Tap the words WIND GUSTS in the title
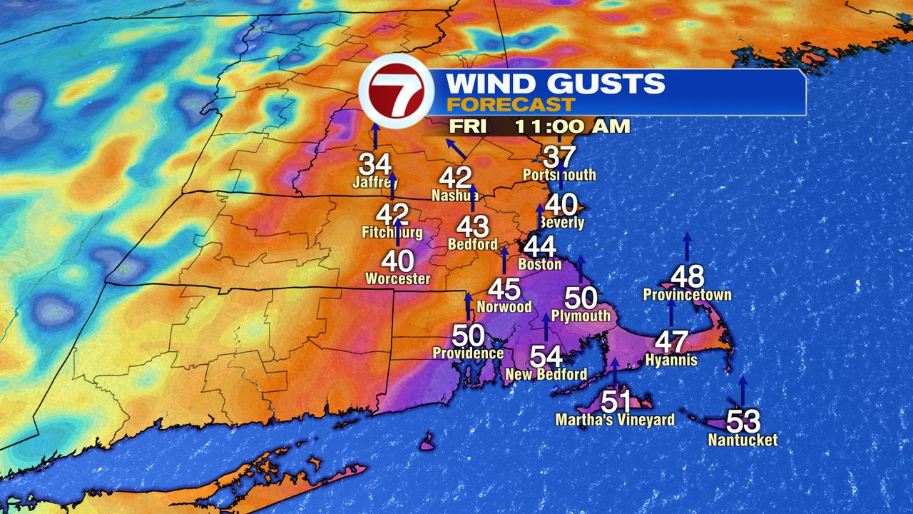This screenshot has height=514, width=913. [x=555, y=84]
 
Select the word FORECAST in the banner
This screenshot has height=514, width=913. [x=510, y=105]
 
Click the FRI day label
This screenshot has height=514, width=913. [x=467, y=127]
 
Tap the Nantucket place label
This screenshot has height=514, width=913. [x=743, y=440]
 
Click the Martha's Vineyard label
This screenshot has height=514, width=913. [x=615, y=420]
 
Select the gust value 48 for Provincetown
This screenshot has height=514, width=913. [x=688, y=276]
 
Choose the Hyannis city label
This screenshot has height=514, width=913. [x=670, y=360]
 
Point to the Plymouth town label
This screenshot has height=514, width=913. [x=581, y=315]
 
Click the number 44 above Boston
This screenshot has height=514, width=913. [x=540, y=247]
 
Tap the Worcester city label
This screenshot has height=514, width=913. [x=398, y=278]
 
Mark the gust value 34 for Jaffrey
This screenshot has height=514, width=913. [x=375, y=165]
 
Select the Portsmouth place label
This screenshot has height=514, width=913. [x=559, y=175]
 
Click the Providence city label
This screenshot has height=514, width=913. [x=468, y=353]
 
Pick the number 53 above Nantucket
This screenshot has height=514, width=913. [x=743, y=420]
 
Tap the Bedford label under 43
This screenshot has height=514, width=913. [x=472, y=244]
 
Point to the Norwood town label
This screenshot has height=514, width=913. [x=505, y=307]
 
